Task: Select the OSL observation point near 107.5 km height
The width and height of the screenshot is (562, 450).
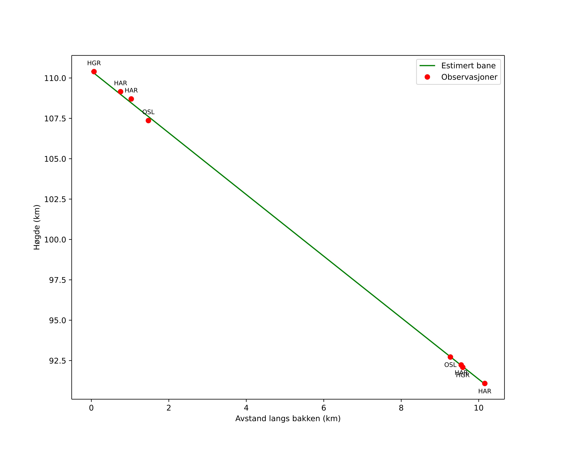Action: (x=148, y=121)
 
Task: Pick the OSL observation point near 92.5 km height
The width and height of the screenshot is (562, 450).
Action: (x=450, y=357)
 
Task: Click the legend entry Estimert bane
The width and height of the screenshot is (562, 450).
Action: (x=468, y=66)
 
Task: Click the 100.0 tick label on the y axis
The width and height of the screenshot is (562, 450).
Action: (x=55, y=240)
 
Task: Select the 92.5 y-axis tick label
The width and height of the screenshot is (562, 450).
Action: (x=57, y=361)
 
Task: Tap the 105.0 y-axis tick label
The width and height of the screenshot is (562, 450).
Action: (x=55, y=159)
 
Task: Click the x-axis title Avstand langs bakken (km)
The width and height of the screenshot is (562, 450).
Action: (x=288, y=419)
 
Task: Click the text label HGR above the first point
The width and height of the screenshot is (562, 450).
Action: (x=94, y=63)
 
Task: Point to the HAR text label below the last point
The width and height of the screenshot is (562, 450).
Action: (x=485, y=391)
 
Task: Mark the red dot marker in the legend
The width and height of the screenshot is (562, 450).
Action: (x=427, y=77)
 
